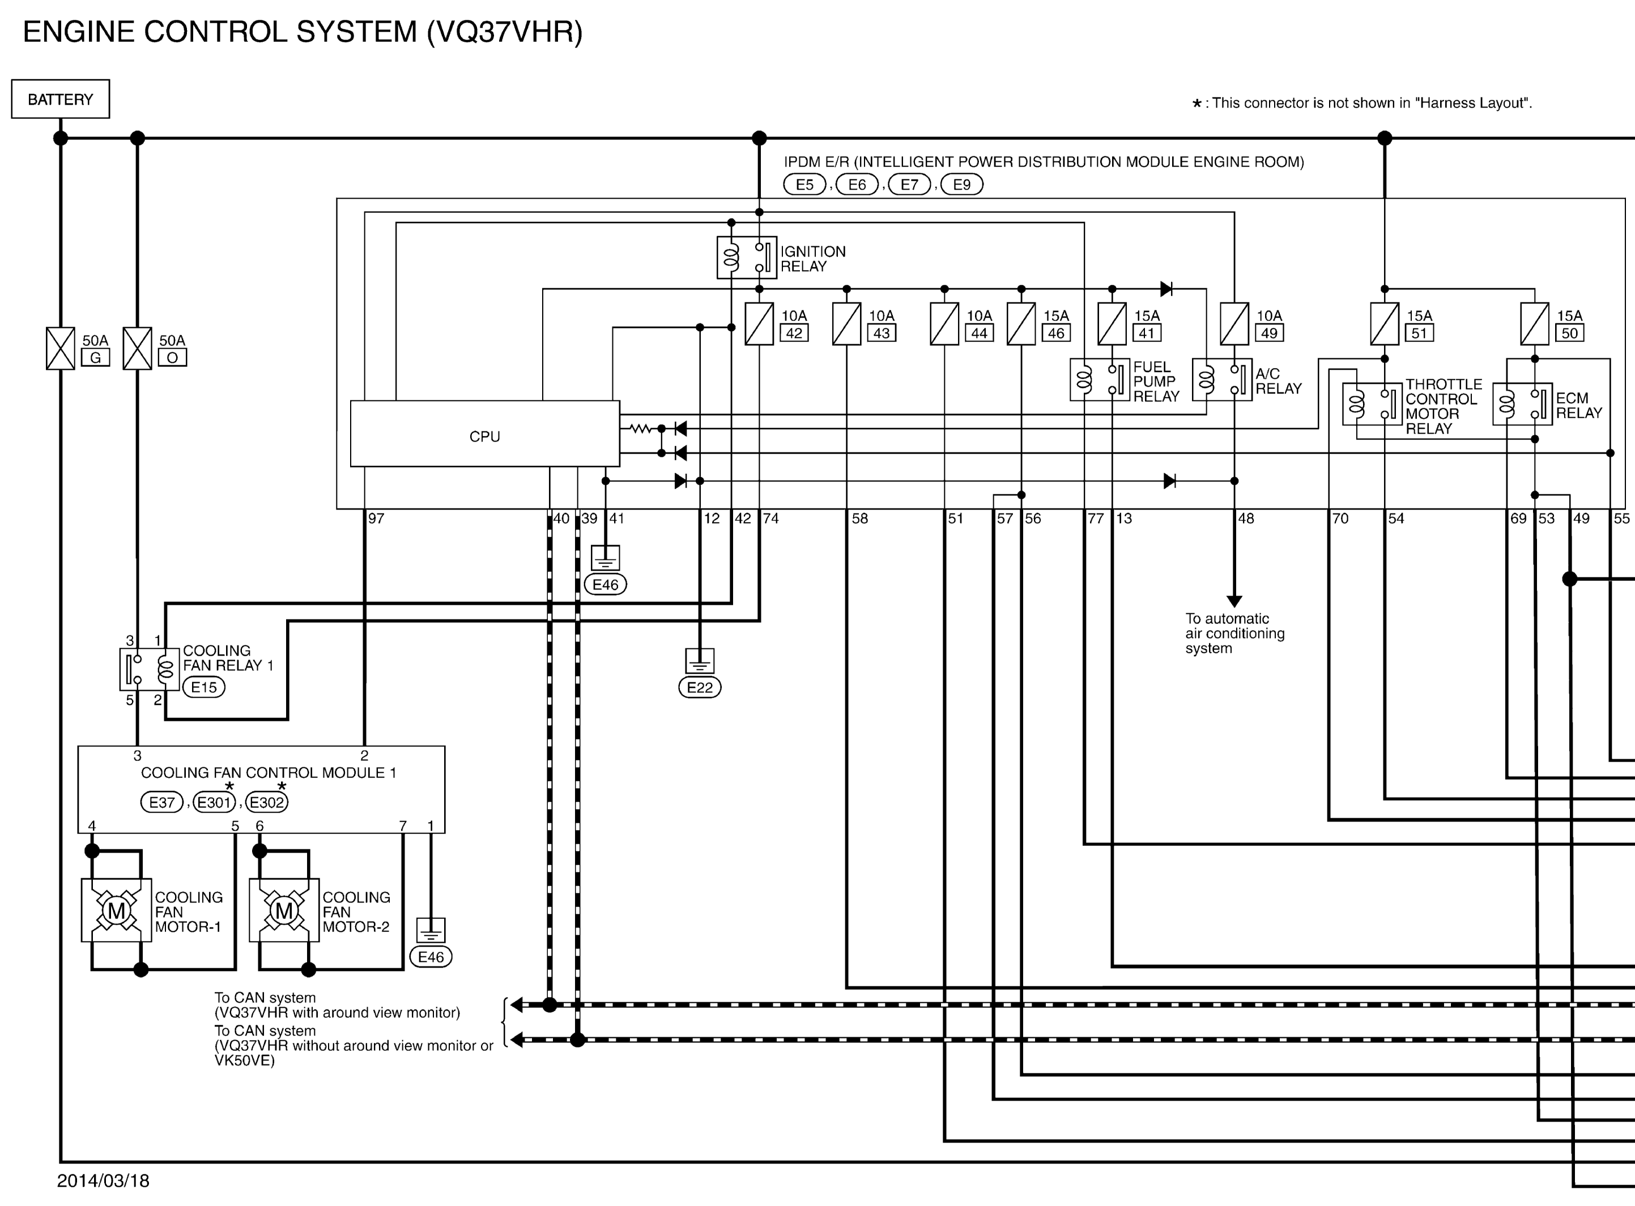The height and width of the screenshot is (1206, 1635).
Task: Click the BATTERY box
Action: click(x=61, y=99)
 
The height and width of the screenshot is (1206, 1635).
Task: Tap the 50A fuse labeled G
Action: click(x=61, y=348)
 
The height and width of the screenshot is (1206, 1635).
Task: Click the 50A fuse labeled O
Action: click(x=137, y=348)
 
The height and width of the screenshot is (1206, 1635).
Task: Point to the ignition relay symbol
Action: click(x=746, y=257)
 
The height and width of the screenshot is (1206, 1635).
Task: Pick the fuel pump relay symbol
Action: click(x=1099, y=379)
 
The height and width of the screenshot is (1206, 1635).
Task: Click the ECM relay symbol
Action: click(x=1522, y=404)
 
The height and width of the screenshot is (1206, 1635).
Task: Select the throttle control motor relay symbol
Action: click(x=1372, y=404)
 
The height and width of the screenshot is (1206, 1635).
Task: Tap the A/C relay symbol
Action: click(x=1221, y=379)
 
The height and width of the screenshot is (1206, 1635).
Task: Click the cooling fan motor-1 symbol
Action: click(x=117, y=910)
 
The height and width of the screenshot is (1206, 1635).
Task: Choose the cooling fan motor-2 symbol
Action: click(x=284, y=910)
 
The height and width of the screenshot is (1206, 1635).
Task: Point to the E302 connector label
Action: click(x=266, y=802)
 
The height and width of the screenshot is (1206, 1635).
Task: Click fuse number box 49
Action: click(x=1269, y=333)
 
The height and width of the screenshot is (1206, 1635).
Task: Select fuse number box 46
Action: click(x=1056, y=333)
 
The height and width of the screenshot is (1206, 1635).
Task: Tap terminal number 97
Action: click(x=376, y=518)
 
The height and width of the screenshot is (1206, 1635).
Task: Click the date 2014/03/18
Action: click(x=103, y=1181)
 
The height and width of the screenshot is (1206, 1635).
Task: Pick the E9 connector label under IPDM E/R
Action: click(x=962, y=185)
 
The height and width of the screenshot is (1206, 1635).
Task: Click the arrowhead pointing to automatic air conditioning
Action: click(x=1234, y=601)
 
